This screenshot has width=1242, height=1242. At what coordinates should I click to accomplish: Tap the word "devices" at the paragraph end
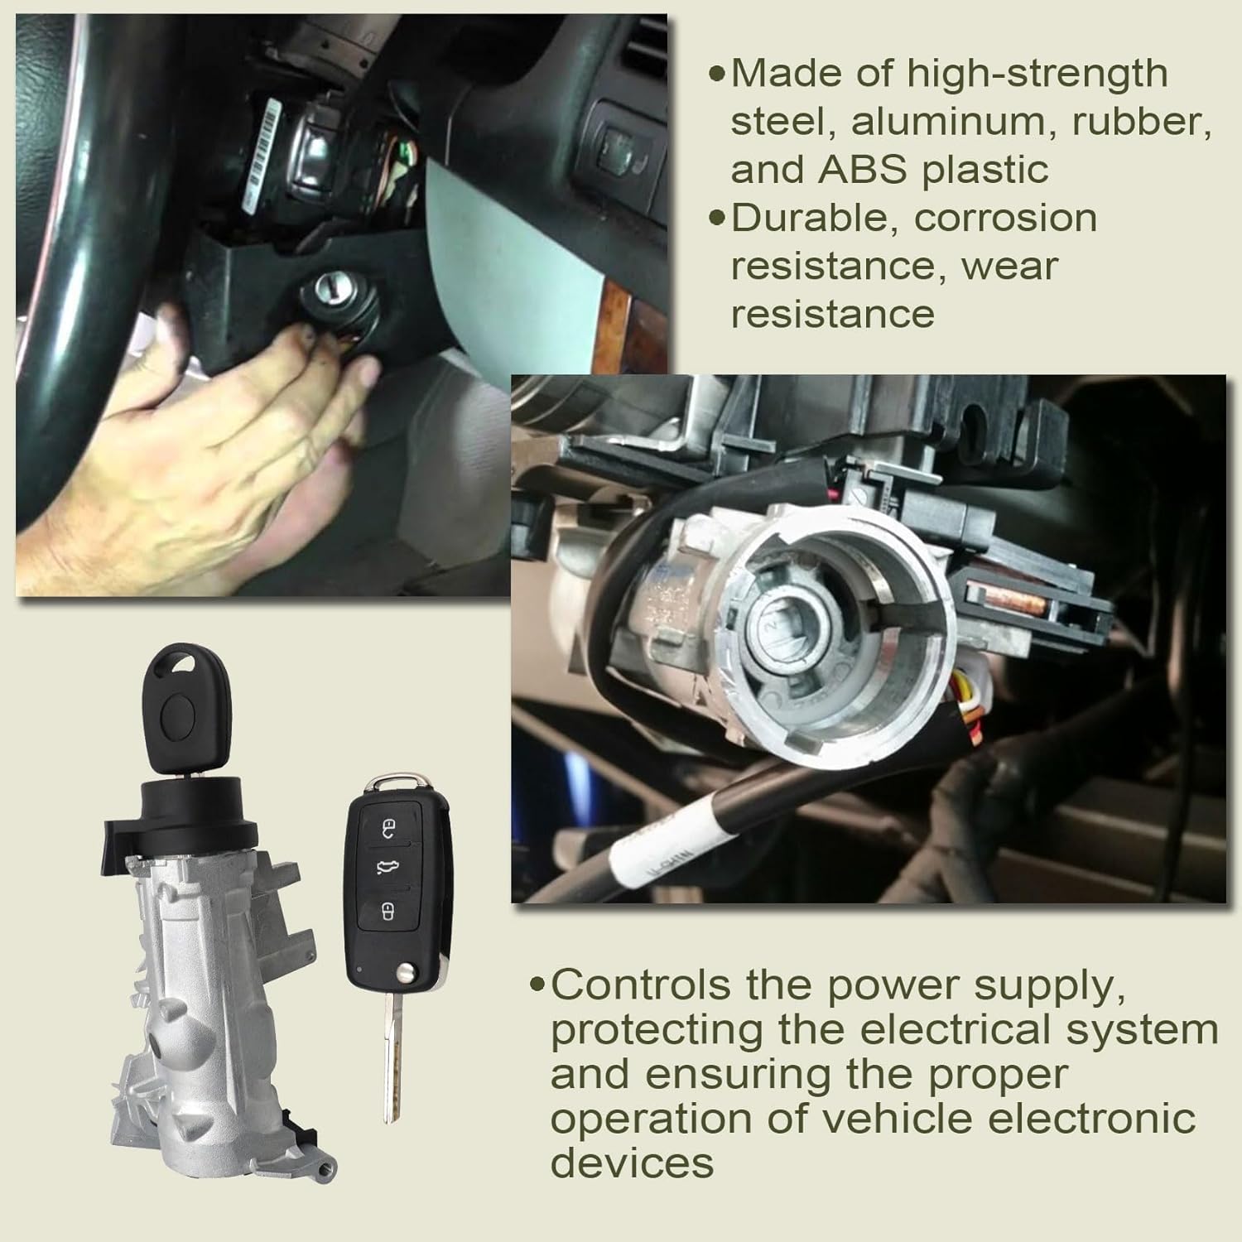pyautogui.click(x=632, y=1163)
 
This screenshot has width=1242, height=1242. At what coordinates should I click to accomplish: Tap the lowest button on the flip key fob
pyautogui.click(x=387, y=912)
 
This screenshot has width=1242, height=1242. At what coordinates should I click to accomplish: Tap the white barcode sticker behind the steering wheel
pyautogui.click(x=258, y=156)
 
